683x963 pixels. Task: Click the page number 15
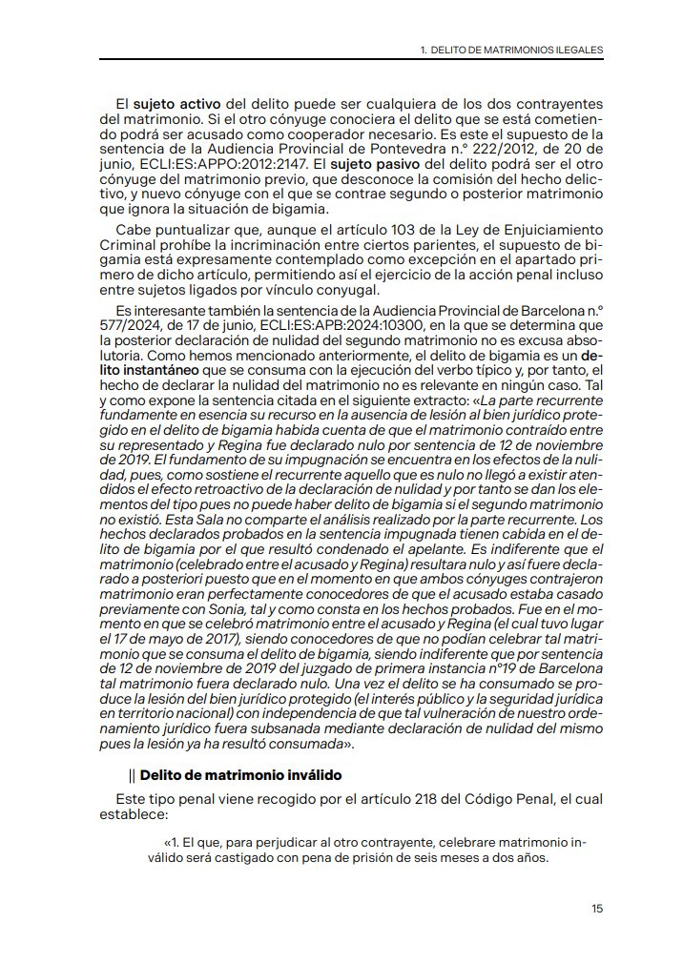click(597, 909)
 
